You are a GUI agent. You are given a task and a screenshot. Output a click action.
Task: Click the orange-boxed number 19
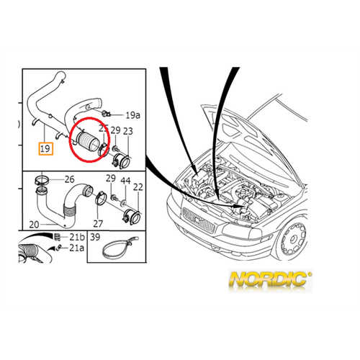(x=46, y=149)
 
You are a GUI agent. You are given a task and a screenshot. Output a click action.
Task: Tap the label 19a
(x=132, y=115)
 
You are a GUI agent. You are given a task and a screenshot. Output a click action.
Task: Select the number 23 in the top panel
(x=128, y=131)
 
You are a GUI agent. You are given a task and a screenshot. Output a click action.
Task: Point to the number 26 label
(x=69, y=179)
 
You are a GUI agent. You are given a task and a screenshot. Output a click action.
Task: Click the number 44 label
(x=125, y=181)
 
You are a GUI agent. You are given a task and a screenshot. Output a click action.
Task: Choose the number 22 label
(x=138, y=187)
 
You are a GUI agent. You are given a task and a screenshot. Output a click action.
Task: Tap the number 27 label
(x=98, y=224)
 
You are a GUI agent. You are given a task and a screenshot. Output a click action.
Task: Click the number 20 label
(x=34, y=225)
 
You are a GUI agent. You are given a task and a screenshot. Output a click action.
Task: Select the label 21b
(x=77, y=237)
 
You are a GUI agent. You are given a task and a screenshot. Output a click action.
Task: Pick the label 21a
(x=77, y=248)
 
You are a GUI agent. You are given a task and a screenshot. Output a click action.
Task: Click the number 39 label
(x=95, y=237)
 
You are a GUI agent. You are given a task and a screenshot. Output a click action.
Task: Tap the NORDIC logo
(x=271, y=280)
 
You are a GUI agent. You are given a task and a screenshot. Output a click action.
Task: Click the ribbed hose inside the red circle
(x=86, y=142)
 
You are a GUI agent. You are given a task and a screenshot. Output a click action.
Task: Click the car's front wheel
(x=292, y=239)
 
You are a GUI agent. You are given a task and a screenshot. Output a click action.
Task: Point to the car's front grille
(x=198, y=220)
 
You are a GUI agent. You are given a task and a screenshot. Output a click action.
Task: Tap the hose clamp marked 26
(x=42, y=180)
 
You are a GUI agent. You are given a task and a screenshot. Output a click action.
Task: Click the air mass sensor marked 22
(x=131, y=216)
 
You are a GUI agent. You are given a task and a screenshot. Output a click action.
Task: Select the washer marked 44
(x=123, y=203)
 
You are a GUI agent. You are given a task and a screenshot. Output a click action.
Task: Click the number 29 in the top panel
(x=115, y=130)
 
